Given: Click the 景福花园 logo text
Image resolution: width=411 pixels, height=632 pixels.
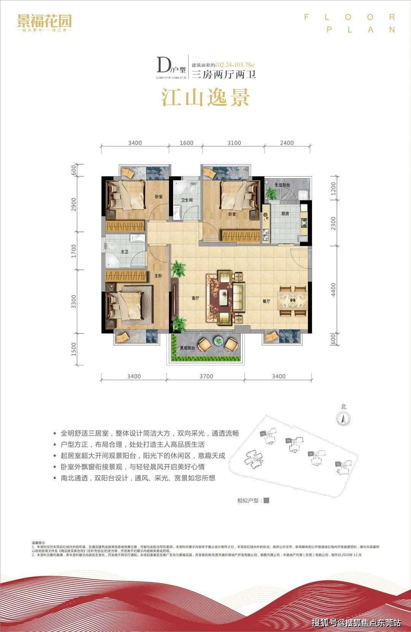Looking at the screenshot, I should (x=44, y=21).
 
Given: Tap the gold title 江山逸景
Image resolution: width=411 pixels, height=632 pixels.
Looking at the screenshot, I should (x=205, y=97).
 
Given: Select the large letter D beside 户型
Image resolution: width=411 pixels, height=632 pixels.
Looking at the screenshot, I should (x=163, y=65).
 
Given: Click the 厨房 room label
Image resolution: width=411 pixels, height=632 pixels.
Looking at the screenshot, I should (x=285, y=214).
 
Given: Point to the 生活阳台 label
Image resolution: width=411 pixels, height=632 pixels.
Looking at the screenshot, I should (x=282, y=185).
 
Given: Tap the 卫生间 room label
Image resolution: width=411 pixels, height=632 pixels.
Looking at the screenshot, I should (x=186, y=200).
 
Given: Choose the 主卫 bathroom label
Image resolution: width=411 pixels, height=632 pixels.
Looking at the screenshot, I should (x=124, y=252).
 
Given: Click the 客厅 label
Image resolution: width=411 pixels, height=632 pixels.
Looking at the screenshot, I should (x=195, y=298).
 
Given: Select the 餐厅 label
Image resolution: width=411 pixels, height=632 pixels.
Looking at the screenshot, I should (x=266, y=301).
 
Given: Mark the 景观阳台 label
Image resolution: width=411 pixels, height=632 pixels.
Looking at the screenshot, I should (x=187, y=348).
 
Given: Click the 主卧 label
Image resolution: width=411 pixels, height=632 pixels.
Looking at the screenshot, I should (x=158, y=275).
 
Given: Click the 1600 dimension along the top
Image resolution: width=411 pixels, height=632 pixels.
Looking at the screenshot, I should (x=186, y=143).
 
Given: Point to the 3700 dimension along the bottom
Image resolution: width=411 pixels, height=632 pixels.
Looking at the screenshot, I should (x=206, y=376).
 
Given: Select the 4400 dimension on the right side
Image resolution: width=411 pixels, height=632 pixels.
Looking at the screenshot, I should (x=334, y=290).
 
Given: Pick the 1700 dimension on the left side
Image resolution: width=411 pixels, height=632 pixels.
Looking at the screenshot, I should (x=74, y=251).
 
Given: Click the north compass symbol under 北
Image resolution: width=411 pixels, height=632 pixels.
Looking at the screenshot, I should (x=344, y=419).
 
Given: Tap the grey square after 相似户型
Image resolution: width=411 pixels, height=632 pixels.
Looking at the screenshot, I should (x=266, y=500).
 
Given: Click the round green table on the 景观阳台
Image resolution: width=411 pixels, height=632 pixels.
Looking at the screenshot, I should (x=218, y=341).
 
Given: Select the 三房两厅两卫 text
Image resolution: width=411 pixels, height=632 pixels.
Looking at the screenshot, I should (x=223, y=74).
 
